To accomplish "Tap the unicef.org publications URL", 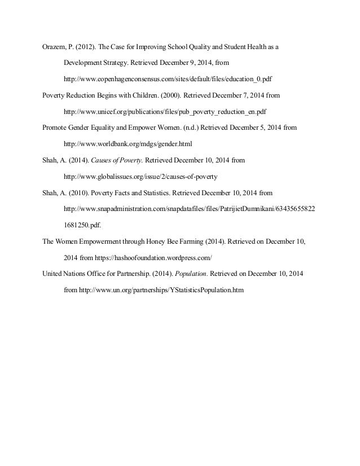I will [165, 112].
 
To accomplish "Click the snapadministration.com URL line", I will [189, 209].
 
